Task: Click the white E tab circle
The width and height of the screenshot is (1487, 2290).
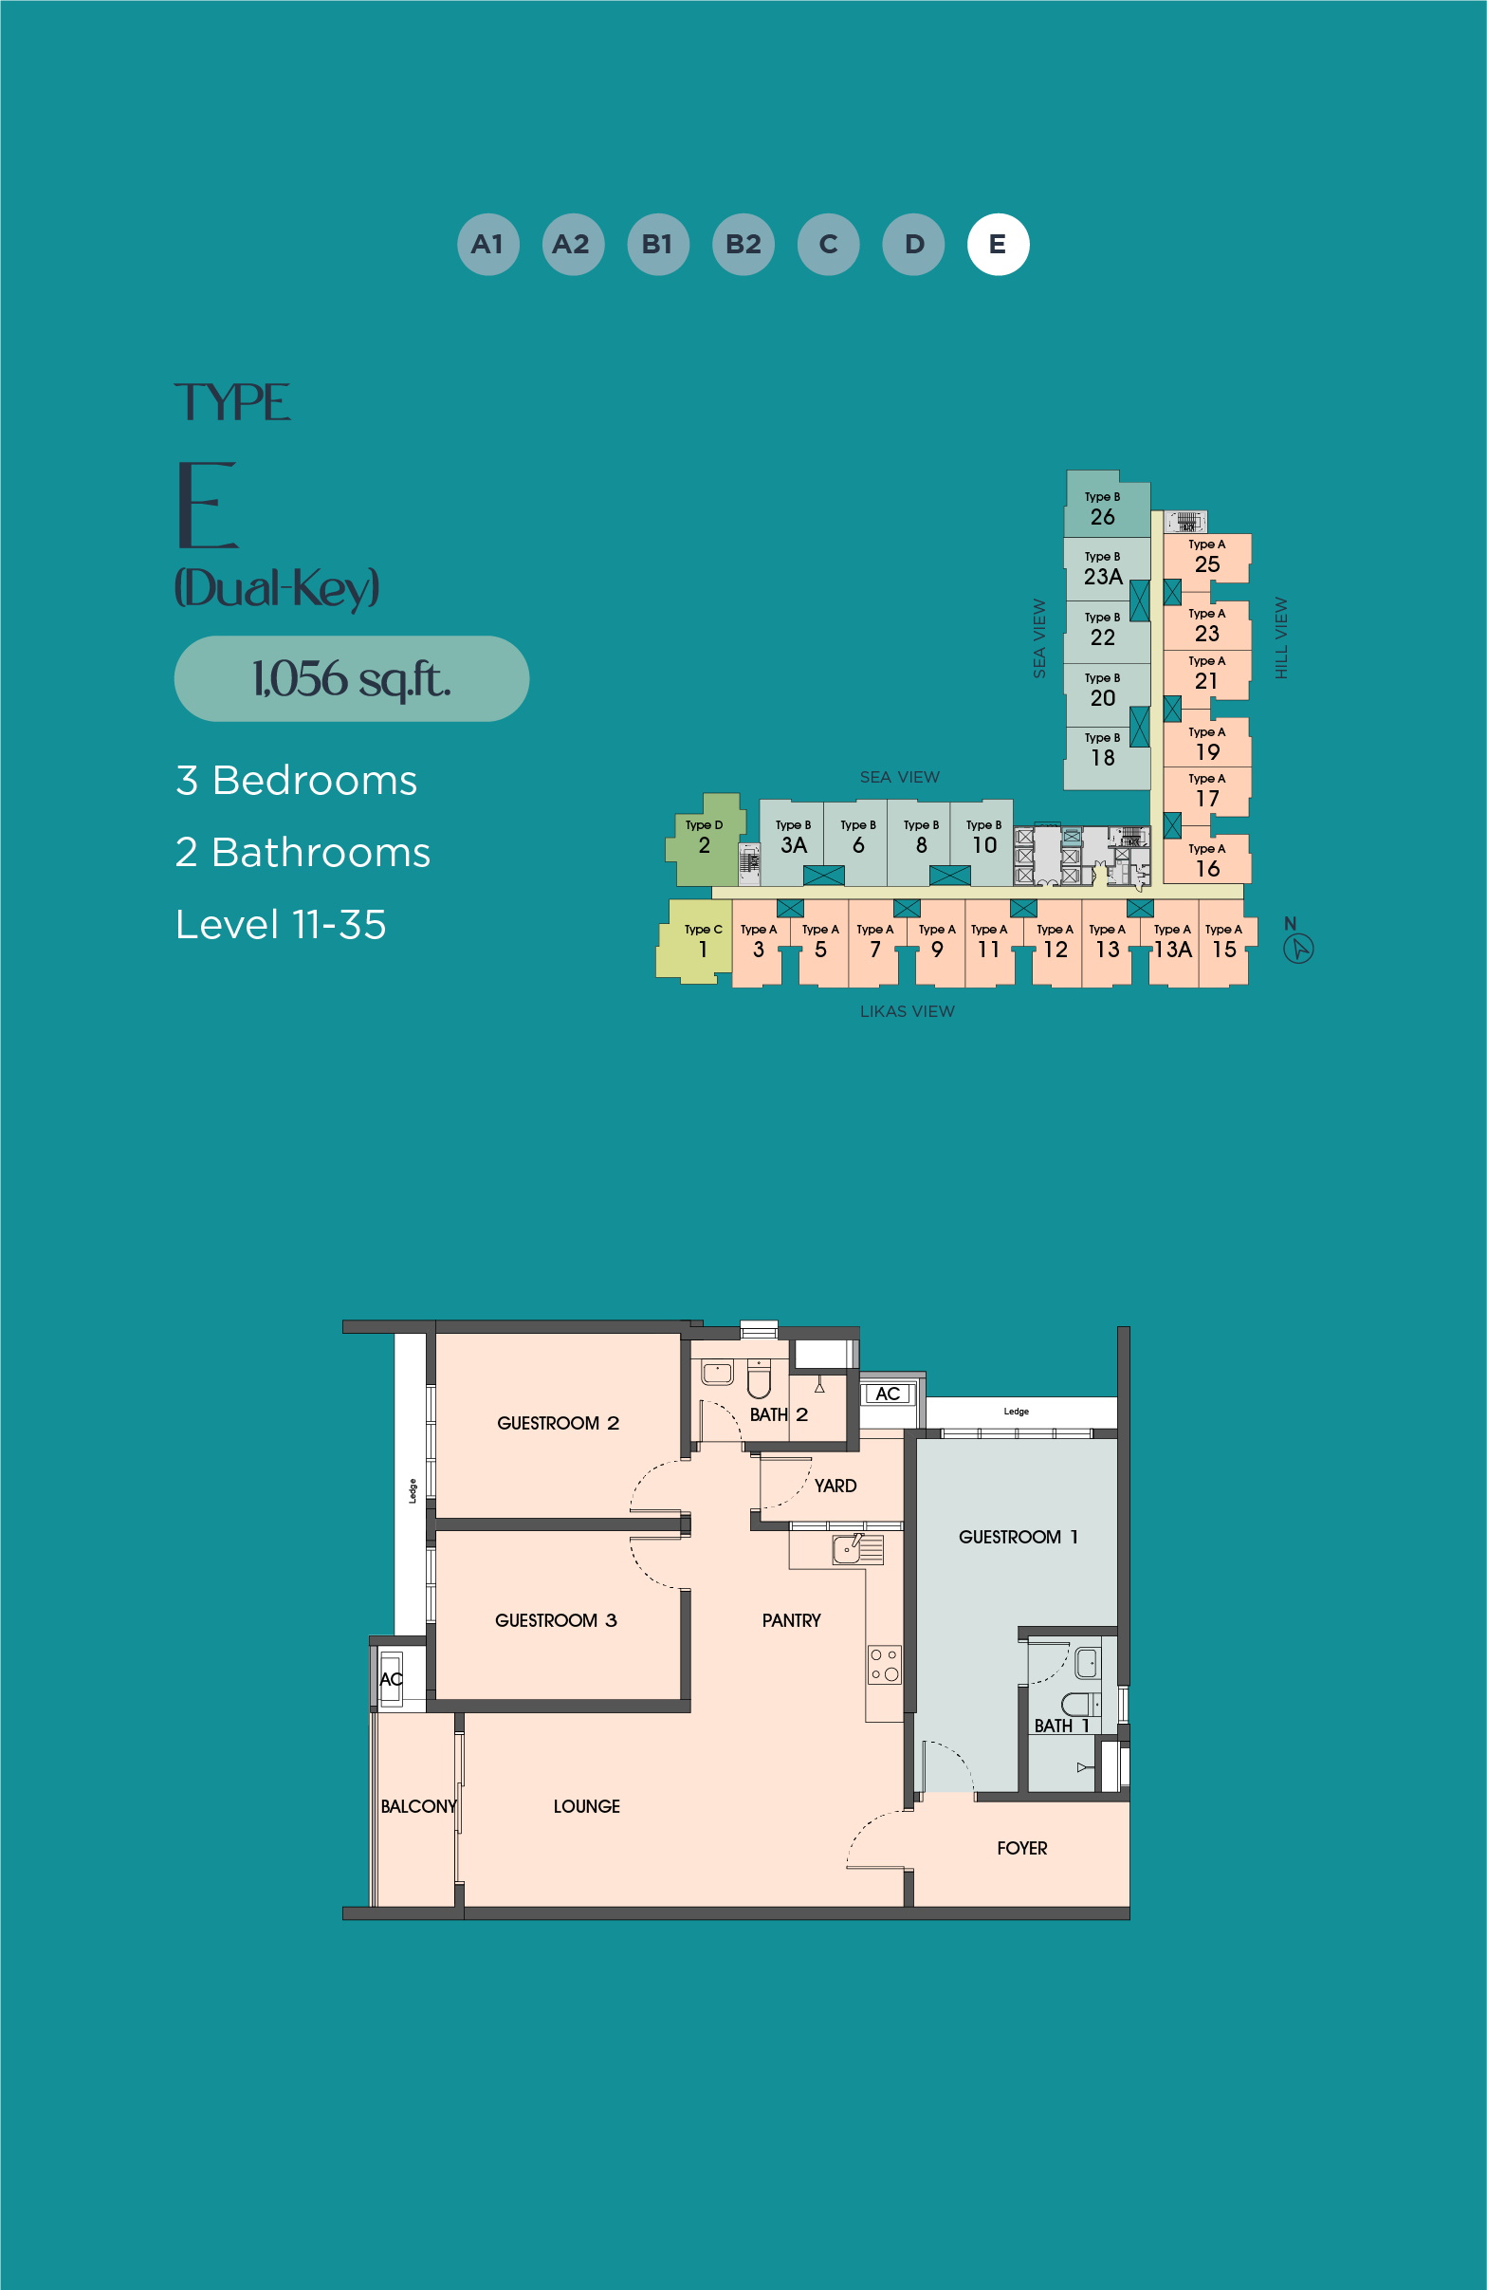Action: (x=998, y=245)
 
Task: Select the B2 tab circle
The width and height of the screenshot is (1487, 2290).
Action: (x=743, y=245)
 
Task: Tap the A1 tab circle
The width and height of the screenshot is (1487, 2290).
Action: (x=487, y=245)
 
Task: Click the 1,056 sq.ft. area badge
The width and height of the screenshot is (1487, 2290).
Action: (x=351, y=678)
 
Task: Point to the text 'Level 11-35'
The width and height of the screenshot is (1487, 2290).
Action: (x=281, y=925)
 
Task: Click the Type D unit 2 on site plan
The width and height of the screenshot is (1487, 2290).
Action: (x=705, y=839)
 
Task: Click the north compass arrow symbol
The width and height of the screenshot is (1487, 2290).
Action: (x=1298, y=949)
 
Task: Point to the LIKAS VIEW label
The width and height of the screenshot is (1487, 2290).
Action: (x=907, y=1011)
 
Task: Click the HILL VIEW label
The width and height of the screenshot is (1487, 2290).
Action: (x=1281, y=637)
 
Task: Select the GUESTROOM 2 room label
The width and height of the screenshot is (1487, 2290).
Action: (x=558, y=1423)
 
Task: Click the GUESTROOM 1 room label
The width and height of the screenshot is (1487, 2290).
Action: (x=1019, y=1537)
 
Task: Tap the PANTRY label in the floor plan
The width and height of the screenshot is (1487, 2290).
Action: (x=792, y=1620)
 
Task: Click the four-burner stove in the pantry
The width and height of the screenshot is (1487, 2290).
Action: (x=885, y=1664)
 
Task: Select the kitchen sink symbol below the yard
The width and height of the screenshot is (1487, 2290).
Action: (x=858, y=1549)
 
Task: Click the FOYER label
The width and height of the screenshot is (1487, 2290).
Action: (x=1022, y=1848)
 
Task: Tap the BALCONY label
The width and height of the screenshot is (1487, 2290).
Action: (x=418, y=1806)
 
